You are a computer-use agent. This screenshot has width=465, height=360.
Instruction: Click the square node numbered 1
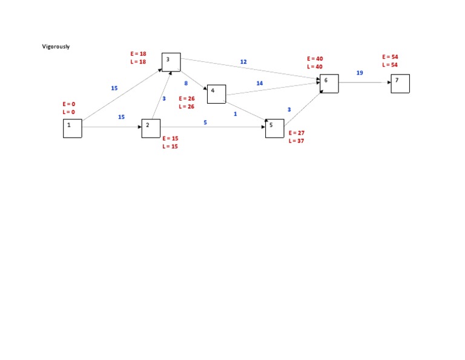(72, 128)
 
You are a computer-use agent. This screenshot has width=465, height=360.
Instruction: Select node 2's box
(151, 128)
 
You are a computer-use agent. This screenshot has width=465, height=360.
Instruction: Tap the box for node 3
(171, 62)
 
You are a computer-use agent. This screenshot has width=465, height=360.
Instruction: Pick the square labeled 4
(216, 94)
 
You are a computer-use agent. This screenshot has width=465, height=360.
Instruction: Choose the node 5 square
(274, 128)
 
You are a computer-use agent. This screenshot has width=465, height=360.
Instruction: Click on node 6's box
(329, 84)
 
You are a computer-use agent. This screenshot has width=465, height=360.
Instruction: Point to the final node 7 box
(400, 84)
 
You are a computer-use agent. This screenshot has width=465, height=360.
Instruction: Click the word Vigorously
(56, 47)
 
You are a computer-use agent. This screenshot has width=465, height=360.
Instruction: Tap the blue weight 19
(360, 73)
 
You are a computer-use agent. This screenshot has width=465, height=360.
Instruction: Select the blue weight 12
(243, 62)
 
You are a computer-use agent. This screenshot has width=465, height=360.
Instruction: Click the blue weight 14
(260, 83)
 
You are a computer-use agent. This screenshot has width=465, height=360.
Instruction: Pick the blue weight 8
(186, 83)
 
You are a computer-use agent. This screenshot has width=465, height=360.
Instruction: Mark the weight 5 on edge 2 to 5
(205, 122)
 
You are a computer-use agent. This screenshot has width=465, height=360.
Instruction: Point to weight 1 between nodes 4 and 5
(235, 114)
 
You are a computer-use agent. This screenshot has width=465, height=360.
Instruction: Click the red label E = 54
(390, 56)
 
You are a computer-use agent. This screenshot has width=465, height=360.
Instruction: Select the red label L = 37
(297, 141)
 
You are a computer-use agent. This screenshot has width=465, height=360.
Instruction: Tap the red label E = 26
(186, 98)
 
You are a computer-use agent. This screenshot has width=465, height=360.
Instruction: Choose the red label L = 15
(170, 147)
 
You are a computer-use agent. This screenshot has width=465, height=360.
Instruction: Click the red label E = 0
(69, 104)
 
